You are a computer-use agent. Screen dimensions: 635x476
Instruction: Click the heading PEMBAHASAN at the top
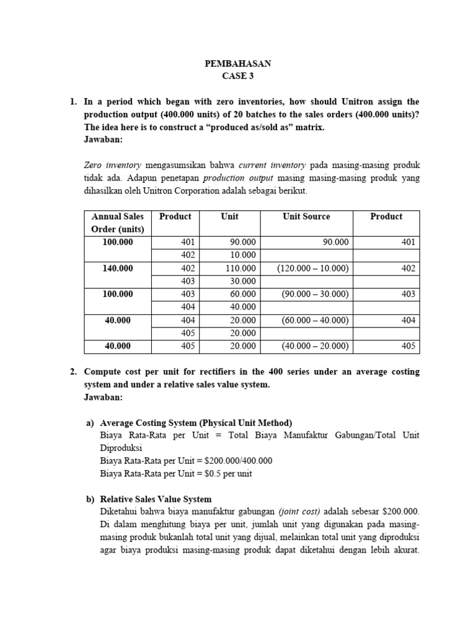(x=238, y=64)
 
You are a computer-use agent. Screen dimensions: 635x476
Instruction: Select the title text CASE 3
(x=238, y=77)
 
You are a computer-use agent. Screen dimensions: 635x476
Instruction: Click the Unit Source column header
(x=306, y=216)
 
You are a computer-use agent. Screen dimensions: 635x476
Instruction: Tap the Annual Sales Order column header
(x=117, y=223)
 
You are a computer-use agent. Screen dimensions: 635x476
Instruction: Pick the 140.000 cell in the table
(x=117, y=269)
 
